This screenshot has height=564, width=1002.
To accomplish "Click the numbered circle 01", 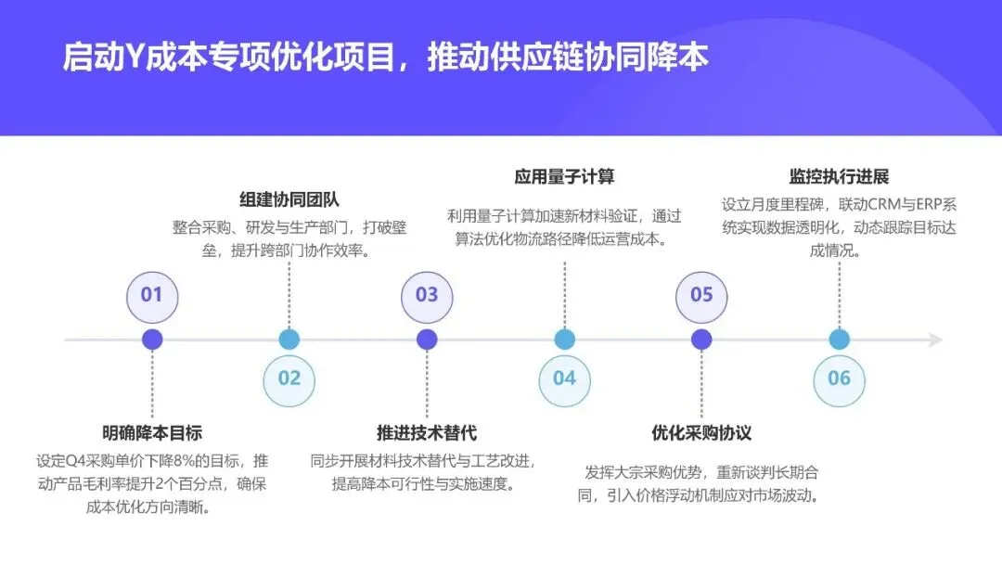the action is tap(152, 296).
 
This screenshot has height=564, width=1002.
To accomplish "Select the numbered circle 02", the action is tap(289, 378).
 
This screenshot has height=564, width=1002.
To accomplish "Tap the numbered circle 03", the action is tap(427, 296).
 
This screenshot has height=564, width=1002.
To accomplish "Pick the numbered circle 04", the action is tap(564, 378).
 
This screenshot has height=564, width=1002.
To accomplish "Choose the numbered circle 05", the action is tap(701, 296).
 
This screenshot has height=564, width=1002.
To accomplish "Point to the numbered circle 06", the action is tap(839, 378).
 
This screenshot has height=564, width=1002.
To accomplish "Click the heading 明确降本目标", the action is tap(152, 432).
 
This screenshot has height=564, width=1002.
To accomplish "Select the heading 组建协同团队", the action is tap(289, 199).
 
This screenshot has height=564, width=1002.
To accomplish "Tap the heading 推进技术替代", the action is tap(427, 432).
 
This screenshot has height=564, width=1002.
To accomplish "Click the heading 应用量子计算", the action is tap(564, 176).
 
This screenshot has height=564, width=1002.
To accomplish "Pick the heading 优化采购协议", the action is tap(701, 432).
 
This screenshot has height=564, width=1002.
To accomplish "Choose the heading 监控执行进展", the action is tap(839, 176).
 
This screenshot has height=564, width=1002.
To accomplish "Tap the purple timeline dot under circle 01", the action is tap(152, 340).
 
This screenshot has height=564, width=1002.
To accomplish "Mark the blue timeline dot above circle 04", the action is tap(564, 340).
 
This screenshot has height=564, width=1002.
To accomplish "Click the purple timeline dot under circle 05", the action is tap(701, 340).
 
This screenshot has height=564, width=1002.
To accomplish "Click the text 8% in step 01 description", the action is tap(186, 461).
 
